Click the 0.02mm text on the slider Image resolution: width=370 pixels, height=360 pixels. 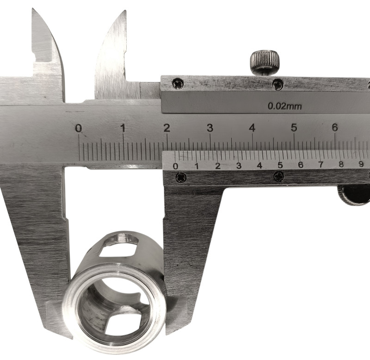284,106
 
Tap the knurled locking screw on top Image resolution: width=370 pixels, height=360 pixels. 265,61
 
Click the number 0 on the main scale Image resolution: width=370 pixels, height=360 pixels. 79,129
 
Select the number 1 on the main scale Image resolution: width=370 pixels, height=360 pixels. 123,128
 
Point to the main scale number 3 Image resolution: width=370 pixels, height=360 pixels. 210,128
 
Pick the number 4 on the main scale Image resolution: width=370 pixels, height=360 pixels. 252,128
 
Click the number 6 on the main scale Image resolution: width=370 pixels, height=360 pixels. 335,127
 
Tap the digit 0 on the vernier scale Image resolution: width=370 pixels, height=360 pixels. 176,166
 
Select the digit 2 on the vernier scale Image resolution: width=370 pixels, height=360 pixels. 217,166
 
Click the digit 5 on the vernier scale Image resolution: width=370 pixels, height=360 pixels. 280,165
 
